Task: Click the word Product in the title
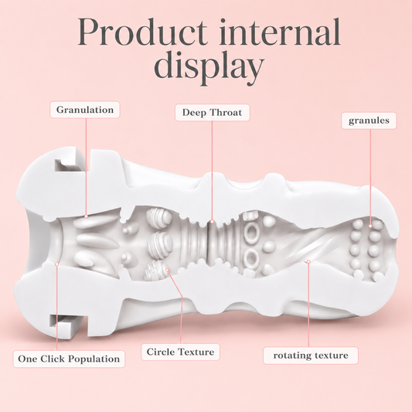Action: (x=142, y=32)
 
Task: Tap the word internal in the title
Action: (x=280, y=32)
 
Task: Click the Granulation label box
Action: (x=85, y=110)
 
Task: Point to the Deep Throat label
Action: (x=213, y=112)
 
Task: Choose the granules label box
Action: (x=369, y=121)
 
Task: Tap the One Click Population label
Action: (x=69, y=359)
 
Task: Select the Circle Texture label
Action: (x=180, y=352)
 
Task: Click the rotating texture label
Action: (x=311, y=356)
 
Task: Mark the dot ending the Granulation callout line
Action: (x=86, y=216)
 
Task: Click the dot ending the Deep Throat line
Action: (x=212, y=222)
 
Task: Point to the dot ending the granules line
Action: (x=370, y=226)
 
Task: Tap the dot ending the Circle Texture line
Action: (x=167, y=270)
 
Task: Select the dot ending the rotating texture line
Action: (x=308, y=261)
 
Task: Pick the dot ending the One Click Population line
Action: (x=56, y=264)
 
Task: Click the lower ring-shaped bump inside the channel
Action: (x=251, y=257)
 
